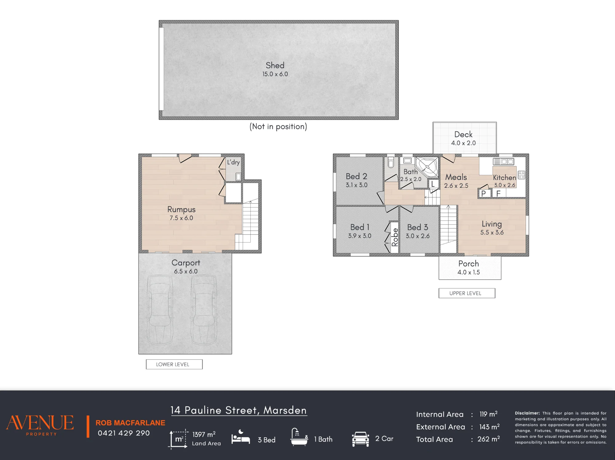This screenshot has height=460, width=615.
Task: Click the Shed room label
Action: tap(275, 65)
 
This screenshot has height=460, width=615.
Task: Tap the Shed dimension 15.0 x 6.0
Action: tap(275, 74)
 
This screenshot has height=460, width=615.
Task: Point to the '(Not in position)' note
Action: tap(278, 127)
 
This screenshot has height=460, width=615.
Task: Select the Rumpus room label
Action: tap(181, 209)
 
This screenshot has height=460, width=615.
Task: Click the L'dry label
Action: tap(233, 162)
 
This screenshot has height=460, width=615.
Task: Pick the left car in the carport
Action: tap(160, 309)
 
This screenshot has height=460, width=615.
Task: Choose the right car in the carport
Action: tap(204, 309)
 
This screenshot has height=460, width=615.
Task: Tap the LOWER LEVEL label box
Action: tap(174, 364)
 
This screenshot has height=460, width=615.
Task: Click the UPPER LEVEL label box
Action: tap(467, 293)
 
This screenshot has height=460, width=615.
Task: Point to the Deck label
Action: tap(463, 134)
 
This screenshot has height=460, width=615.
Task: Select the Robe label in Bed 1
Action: tap(395, 237)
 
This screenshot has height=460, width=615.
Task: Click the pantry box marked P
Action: tap(484, 193)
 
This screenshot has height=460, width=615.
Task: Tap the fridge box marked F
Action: tap(498, 193)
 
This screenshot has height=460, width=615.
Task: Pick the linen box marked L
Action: tap(433, 184)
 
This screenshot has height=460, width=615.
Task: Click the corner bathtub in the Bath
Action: tap(427, 167)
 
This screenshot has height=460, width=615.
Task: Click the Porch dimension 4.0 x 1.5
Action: tap(469, 272)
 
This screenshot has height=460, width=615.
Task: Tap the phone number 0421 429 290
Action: tap(124, 433)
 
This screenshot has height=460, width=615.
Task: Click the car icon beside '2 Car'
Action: tap(360, 439)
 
